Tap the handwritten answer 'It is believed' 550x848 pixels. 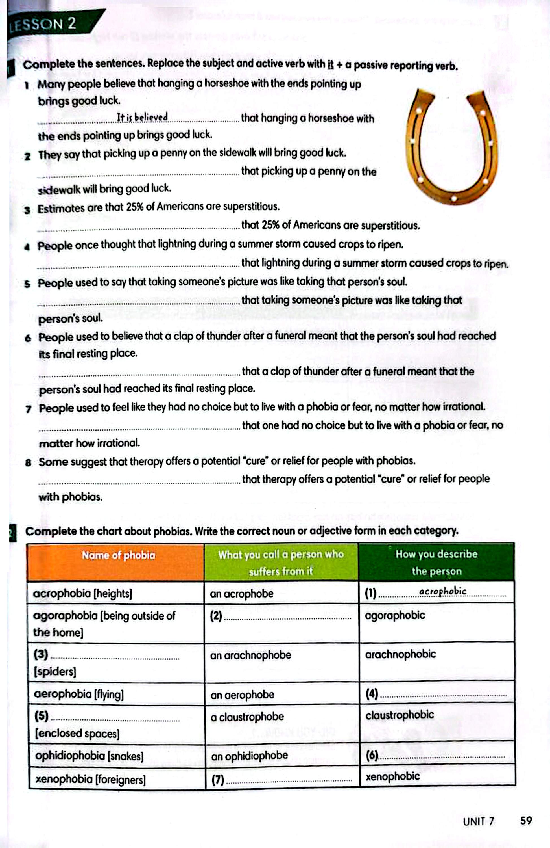pyautogui.click(x=142, y=117)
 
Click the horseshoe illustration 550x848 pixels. pyautogui.click(x=451, y=146)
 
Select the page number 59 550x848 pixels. pyautogui.click(x=526, y=821)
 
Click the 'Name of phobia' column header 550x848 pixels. pyautogui.click(x=118, y=555)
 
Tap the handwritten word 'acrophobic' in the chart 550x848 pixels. pyautogui.click(x=442, y=591)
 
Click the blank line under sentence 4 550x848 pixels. pyautogui.click(x=139, y=265)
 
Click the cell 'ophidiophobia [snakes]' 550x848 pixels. pyautogui.click(x=89, y=755)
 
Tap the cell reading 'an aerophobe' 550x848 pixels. pyautogui.click(x=242, y=695)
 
